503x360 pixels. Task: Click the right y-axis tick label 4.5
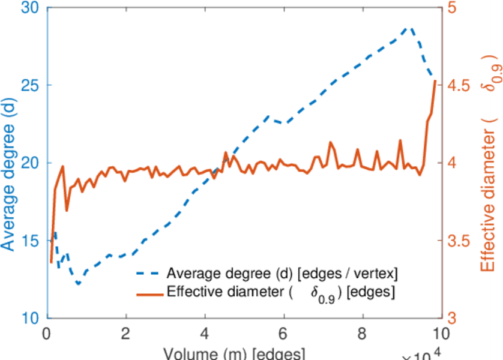pos(459,85)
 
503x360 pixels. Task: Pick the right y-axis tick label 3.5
pos(459,241)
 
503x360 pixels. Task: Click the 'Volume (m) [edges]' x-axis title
pos(237,353)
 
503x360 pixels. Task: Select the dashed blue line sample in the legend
pos(147,274)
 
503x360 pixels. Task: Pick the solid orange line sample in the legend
pos(147,293)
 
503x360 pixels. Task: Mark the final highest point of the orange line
pos(435,80)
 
